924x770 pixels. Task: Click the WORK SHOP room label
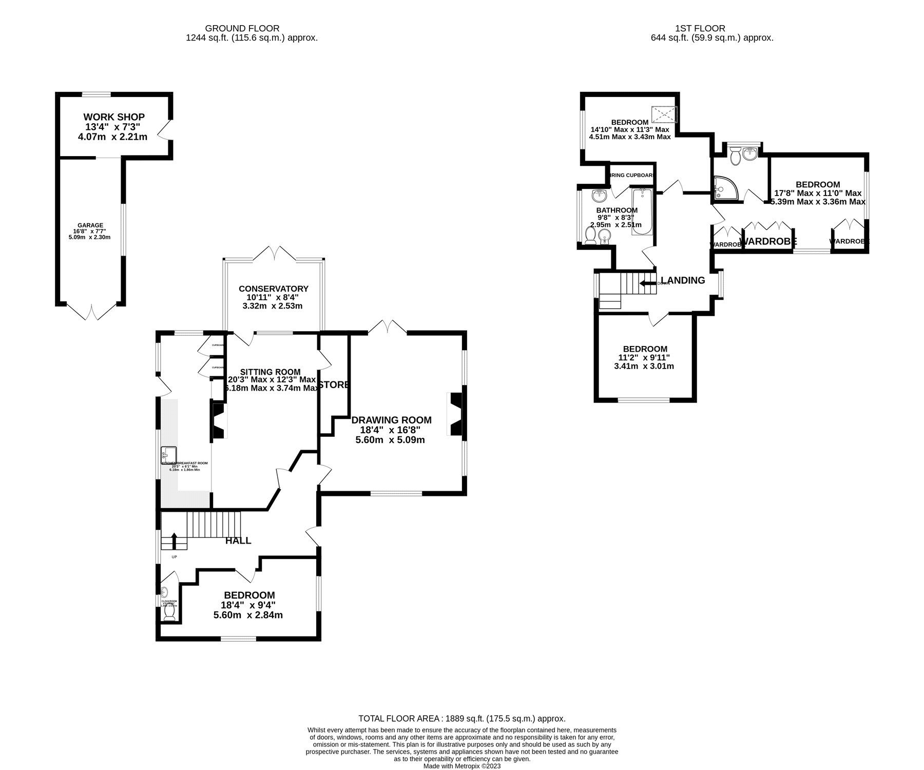click(114, 117)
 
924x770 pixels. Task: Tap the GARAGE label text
click(90, 225)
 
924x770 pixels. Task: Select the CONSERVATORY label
click(273, 288)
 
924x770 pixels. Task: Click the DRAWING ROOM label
click(391, 420)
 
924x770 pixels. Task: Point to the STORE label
click(334, 384)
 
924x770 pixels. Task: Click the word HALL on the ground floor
click(238, 541)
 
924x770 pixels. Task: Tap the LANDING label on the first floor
click(682, 280)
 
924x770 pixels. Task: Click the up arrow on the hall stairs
click(174, 541)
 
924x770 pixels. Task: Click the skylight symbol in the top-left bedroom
click(664, 113)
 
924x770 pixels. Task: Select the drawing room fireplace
click(456, 414)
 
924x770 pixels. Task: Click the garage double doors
click(91, 312)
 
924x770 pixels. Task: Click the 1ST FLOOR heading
click(711, 28)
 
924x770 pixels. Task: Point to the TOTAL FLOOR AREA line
click(461, 719)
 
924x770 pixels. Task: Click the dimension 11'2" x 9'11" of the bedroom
click(644, 357)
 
